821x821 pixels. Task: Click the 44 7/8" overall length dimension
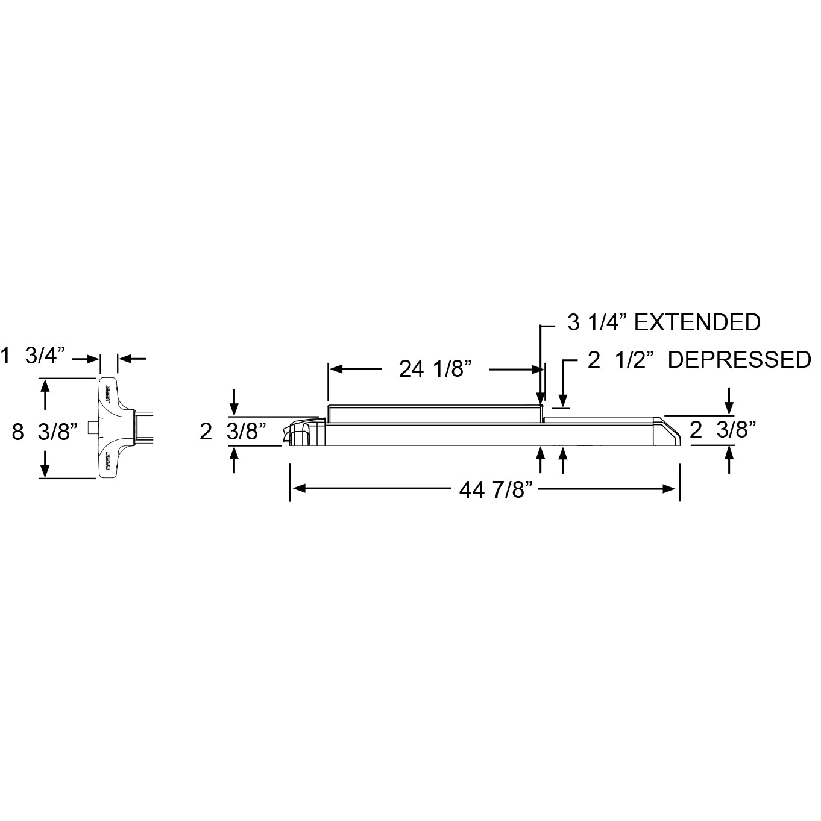pos(498,490)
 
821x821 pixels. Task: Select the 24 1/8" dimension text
pos(435,368)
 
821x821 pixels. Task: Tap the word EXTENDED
pos(697,322)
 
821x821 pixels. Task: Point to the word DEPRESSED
pos(740,360)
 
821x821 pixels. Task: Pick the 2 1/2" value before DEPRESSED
pos(621,360)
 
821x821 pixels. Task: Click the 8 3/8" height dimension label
pos(45,432)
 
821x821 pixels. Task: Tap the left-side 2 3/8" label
pos(233,432)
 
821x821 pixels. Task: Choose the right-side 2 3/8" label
pos(723,430)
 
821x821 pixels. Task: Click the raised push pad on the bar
pos(434,414)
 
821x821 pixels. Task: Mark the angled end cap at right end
pos(667,430)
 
